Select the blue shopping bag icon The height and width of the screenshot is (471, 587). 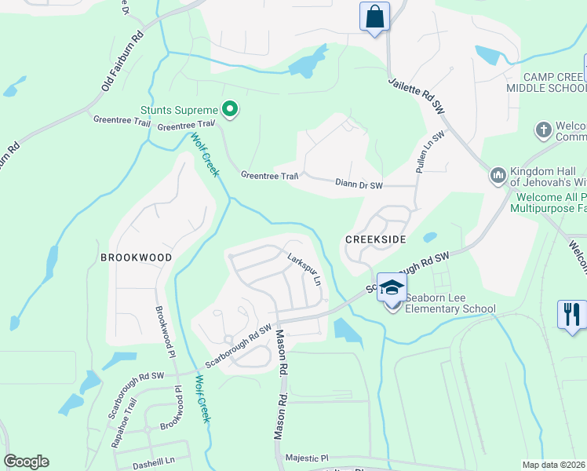click(x=374, y=16)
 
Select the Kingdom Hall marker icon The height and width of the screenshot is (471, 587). click(x=498, y=175)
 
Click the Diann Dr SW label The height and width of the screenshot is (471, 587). click(x=359, y=185)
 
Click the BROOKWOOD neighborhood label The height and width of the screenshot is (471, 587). click(x=135, y=257)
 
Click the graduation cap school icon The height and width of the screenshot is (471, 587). click(x=392, y=287)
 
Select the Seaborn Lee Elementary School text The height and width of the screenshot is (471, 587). click(x=450, y=309)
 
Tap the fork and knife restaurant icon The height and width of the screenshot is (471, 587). click(x=572, y=314)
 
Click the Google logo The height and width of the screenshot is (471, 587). click(x=27, y=462)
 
